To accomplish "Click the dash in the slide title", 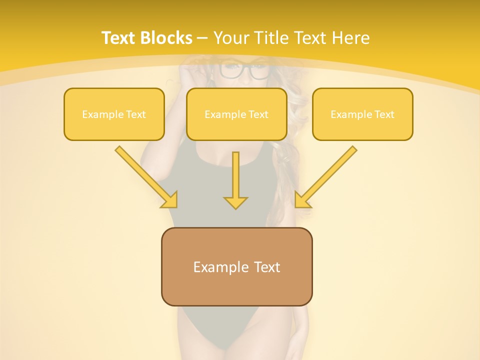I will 203,38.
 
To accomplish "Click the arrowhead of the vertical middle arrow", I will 235,202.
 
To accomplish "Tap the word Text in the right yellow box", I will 384,114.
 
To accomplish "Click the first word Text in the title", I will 120,38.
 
